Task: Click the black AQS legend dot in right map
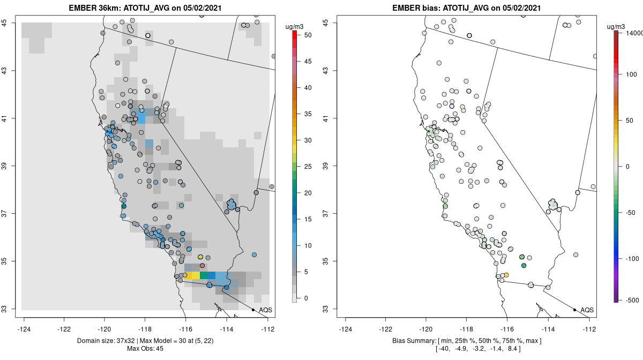click(x=574, y=310)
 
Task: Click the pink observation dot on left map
click(x=202, y=266)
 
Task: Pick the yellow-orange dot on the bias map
click(x=506, y=275)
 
